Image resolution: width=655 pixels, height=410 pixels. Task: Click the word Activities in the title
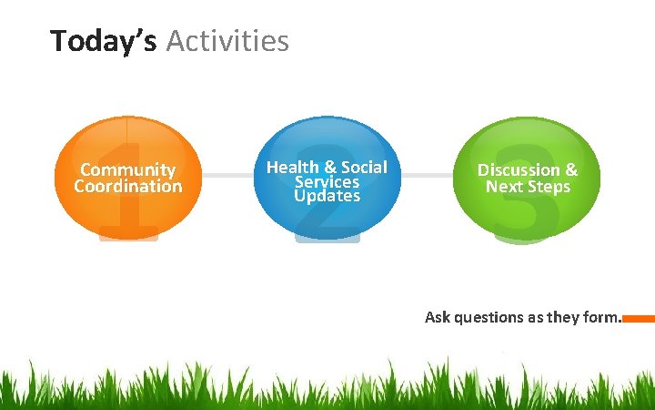[227, 41]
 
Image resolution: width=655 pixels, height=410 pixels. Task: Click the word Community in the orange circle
[127, 169]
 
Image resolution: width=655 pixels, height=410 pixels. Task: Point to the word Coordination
[127, 187]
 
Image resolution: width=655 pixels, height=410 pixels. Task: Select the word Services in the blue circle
[327, 181]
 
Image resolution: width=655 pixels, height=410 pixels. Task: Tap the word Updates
[327, 196]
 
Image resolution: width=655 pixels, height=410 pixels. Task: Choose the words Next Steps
[528, 187]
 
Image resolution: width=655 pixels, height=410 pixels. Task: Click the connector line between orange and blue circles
[227, 174]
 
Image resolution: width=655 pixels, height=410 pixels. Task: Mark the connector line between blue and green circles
[427, 174]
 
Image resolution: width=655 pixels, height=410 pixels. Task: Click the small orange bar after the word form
[639, 319]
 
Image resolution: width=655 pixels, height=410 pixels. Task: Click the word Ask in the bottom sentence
[438, 317]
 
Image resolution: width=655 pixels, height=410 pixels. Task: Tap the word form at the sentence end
[601, 317]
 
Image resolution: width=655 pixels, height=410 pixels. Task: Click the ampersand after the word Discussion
[570, 169]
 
